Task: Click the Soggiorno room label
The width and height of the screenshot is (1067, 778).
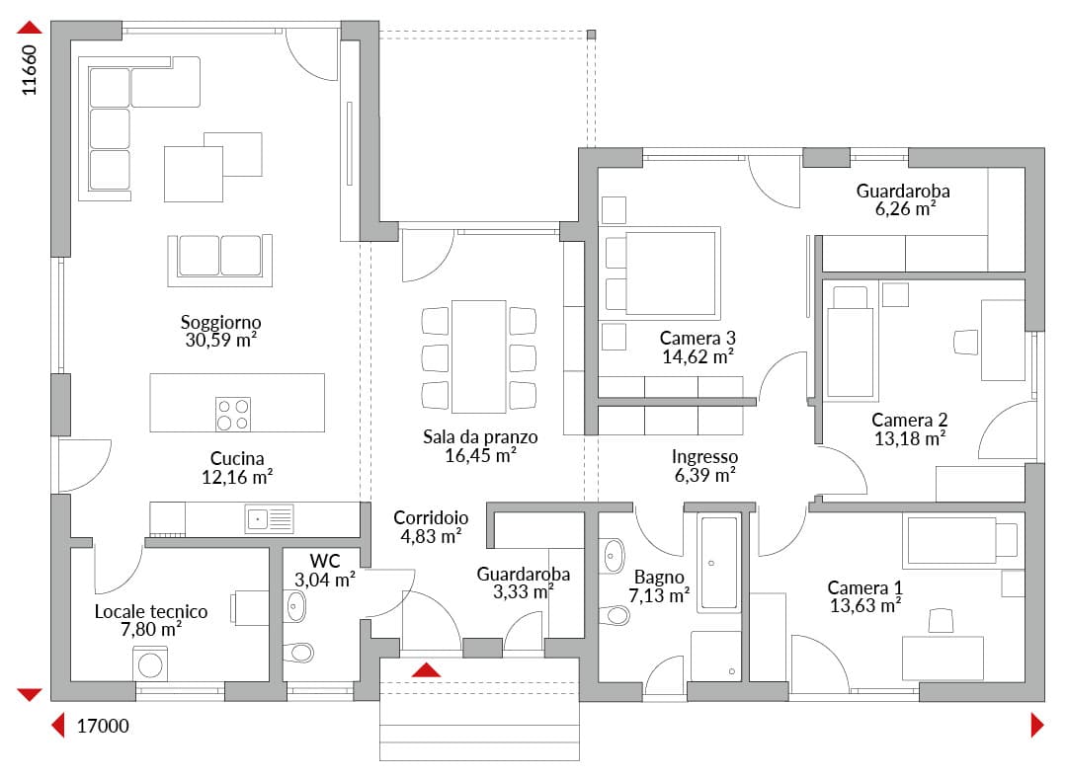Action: tap(220, 322)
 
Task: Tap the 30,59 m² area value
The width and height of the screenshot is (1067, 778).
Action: tap(220, 340)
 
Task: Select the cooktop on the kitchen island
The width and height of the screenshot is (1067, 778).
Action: tap(233, 414)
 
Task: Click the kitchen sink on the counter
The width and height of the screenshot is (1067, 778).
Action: tap(270, 519)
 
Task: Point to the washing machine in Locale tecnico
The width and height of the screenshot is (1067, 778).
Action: tap(150, 663)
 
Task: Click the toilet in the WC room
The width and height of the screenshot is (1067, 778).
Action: tap(298, 653)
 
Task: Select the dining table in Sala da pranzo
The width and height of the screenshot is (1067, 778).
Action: tap(478, 356)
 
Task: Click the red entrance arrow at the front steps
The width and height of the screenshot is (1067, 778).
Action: tap(426, 669)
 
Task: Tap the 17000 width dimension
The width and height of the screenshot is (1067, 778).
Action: tap(103, 727)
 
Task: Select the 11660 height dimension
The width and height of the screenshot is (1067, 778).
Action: tap(30, 70)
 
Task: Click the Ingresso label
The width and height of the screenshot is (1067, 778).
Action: tap(704, 456)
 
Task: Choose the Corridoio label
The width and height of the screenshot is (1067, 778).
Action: tap(431, 517)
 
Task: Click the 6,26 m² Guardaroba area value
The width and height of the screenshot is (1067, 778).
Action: tap(905, 208)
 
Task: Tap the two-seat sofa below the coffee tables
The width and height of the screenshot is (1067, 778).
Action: tap(219, 260)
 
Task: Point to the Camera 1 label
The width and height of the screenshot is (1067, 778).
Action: tap(864, 586)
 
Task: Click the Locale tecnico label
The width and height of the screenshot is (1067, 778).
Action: tap(150, 611)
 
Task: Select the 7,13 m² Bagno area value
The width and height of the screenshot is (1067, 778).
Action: tap(659, 595)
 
